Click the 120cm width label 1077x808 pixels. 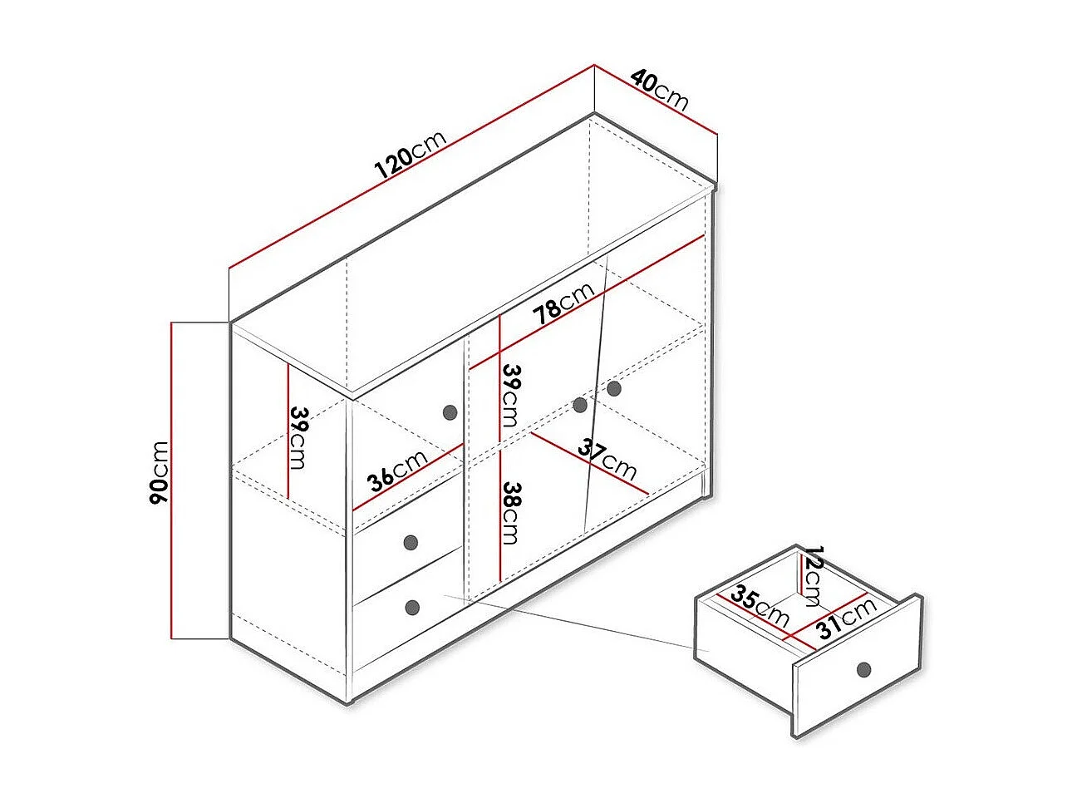(x=410, y=154)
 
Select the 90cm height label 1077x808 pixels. (x=159, y=472)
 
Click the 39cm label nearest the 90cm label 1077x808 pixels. (x=298, y=437)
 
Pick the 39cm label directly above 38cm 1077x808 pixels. (x=509, y=396)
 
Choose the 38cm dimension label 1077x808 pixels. (x=509, y=513)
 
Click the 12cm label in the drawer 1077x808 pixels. (x=810, y=576)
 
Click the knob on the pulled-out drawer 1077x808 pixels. (x=863, y=669)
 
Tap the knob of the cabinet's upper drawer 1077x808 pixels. (x=411, y=542)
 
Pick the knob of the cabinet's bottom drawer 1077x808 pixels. (x=413, y=608)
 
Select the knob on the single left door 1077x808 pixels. (x=450, y=412)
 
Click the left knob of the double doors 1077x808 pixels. (x=580, y=405)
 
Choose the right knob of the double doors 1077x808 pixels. (x=614, y=389)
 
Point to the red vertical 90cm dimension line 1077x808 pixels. (x=171, y=480)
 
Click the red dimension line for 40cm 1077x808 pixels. (x=656, y=99)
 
